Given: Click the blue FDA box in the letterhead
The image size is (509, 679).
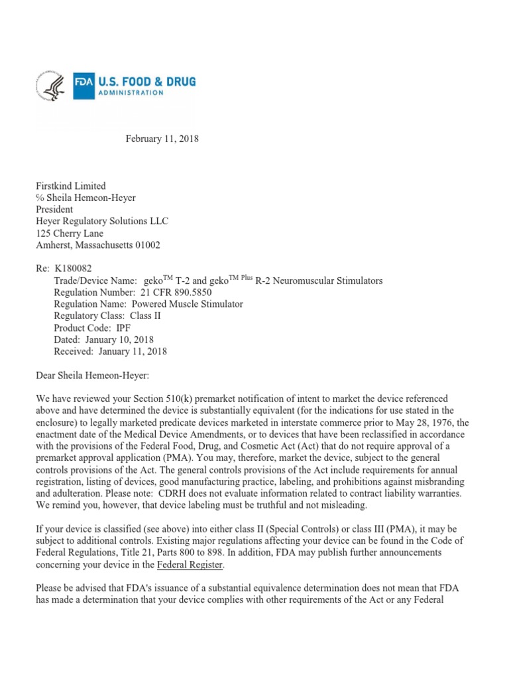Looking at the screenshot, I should (84, 87).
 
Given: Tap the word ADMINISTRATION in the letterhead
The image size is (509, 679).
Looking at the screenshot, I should (131, 93).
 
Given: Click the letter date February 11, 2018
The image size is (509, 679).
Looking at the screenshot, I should (162, 139).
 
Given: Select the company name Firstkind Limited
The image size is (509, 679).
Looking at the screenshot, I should (70, 186).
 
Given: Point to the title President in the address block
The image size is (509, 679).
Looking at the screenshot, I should (54, 210).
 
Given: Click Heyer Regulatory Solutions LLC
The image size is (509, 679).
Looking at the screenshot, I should (101, 221).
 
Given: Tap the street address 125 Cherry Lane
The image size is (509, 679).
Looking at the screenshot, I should (70, 233).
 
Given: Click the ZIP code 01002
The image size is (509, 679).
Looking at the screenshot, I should (146, 245).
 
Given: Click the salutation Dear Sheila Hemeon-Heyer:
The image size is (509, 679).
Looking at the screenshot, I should (93, 375).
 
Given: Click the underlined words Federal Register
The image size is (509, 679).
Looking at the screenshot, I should (190, 565).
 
